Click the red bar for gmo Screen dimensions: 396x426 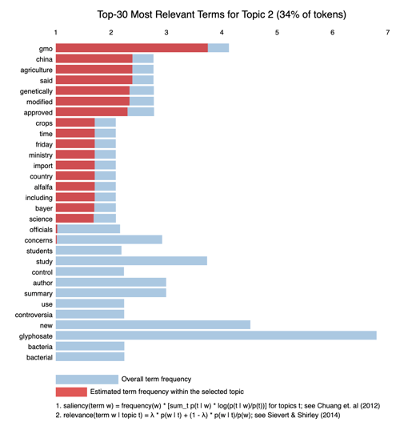[x=132, y=48]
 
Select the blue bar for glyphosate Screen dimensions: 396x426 [x=216, y=336]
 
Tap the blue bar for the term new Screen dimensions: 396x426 [x=153, y=325]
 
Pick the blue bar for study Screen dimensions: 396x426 [x=131, y=261]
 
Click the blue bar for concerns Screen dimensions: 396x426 [x=109, y=239]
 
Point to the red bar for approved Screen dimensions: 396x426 [x=92, y=112]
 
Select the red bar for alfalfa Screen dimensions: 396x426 [x=75, y=187]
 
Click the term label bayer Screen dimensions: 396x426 [x=44, y=208]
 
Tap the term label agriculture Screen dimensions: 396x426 [x=36, y=70]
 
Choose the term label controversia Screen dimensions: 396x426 [x=34, y=315]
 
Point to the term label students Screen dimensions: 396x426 [x=39, y=251]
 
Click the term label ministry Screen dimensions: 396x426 [x=41, y=155]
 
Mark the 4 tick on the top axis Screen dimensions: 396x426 [x=222, y=32]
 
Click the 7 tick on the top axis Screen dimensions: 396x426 [x=387, y=32]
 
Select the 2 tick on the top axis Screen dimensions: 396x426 [x=111, y=32]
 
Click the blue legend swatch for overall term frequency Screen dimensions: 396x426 [x=87, y=380]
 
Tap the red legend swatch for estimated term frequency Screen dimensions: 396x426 [x=71, y=392]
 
